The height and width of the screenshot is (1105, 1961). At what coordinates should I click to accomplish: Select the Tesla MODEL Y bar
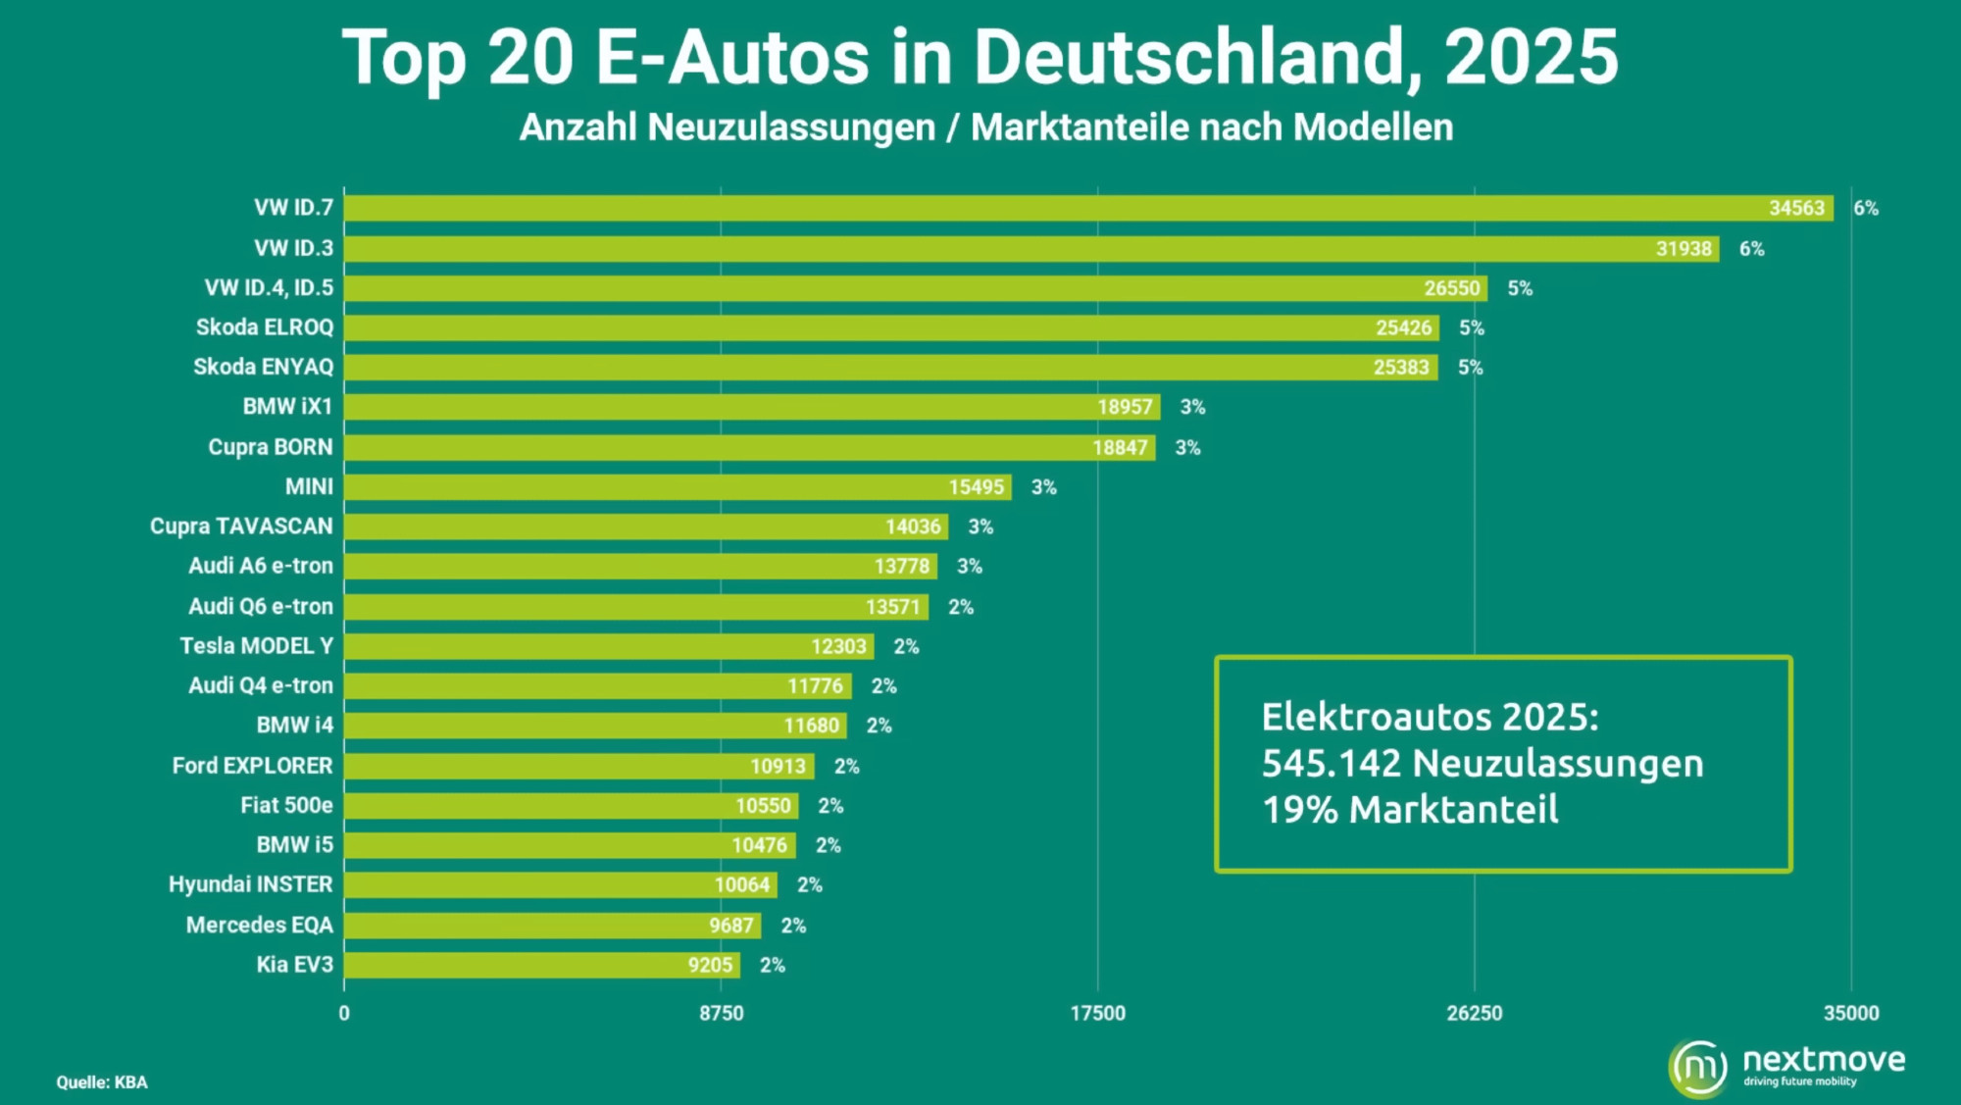tap(608, 646)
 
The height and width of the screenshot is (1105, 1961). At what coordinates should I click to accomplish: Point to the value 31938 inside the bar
tap(1684, 249)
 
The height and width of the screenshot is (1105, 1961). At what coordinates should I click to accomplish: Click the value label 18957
tap(1125, 407)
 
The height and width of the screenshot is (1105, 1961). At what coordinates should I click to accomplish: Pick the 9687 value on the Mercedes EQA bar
tap(731, 926)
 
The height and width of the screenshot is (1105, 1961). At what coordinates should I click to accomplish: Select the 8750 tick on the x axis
tap(721, 1013)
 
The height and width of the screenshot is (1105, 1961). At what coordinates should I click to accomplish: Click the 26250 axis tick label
tap(1474, 1013)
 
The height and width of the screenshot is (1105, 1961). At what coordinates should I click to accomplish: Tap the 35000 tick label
tap(1851, 1013)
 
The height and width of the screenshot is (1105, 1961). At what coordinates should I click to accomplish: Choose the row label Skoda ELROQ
tap(265, 327)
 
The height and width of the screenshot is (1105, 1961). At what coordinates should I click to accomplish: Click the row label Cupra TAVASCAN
tap(241, 527)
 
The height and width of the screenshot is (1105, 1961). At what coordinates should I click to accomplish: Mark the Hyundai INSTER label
tap(250, 884)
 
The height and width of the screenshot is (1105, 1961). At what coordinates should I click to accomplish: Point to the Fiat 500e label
tap(286, 805)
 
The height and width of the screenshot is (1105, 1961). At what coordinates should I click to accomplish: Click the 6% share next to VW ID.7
tap(1866, 208)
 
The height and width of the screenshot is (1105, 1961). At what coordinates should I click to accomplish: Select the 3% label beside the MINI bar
tap(1043, 487)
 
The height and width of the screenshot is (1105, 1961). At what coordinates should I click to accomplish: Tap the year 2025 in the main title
tap(1531, 57)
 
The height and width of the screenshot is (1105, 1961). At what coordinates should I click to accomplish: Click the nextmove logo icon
tap(1698, 1067)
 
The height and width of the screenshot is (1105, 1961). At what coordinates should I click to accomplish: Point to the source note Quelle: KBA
tap(102, 1082)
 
